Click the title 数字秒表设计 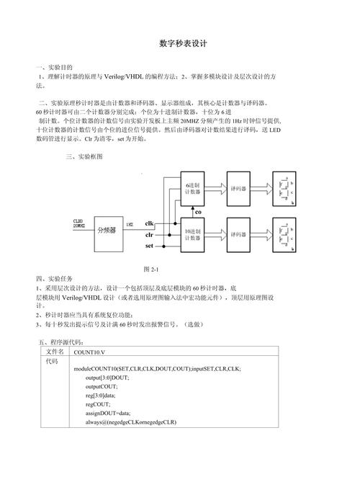coord(183,43)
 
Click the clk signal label coord(150,223)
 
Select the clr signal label coord(149,235)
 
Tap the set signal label coord(149,246)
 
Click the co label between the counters coord(198,211)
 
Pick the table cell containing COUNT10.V coord(89,352)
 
